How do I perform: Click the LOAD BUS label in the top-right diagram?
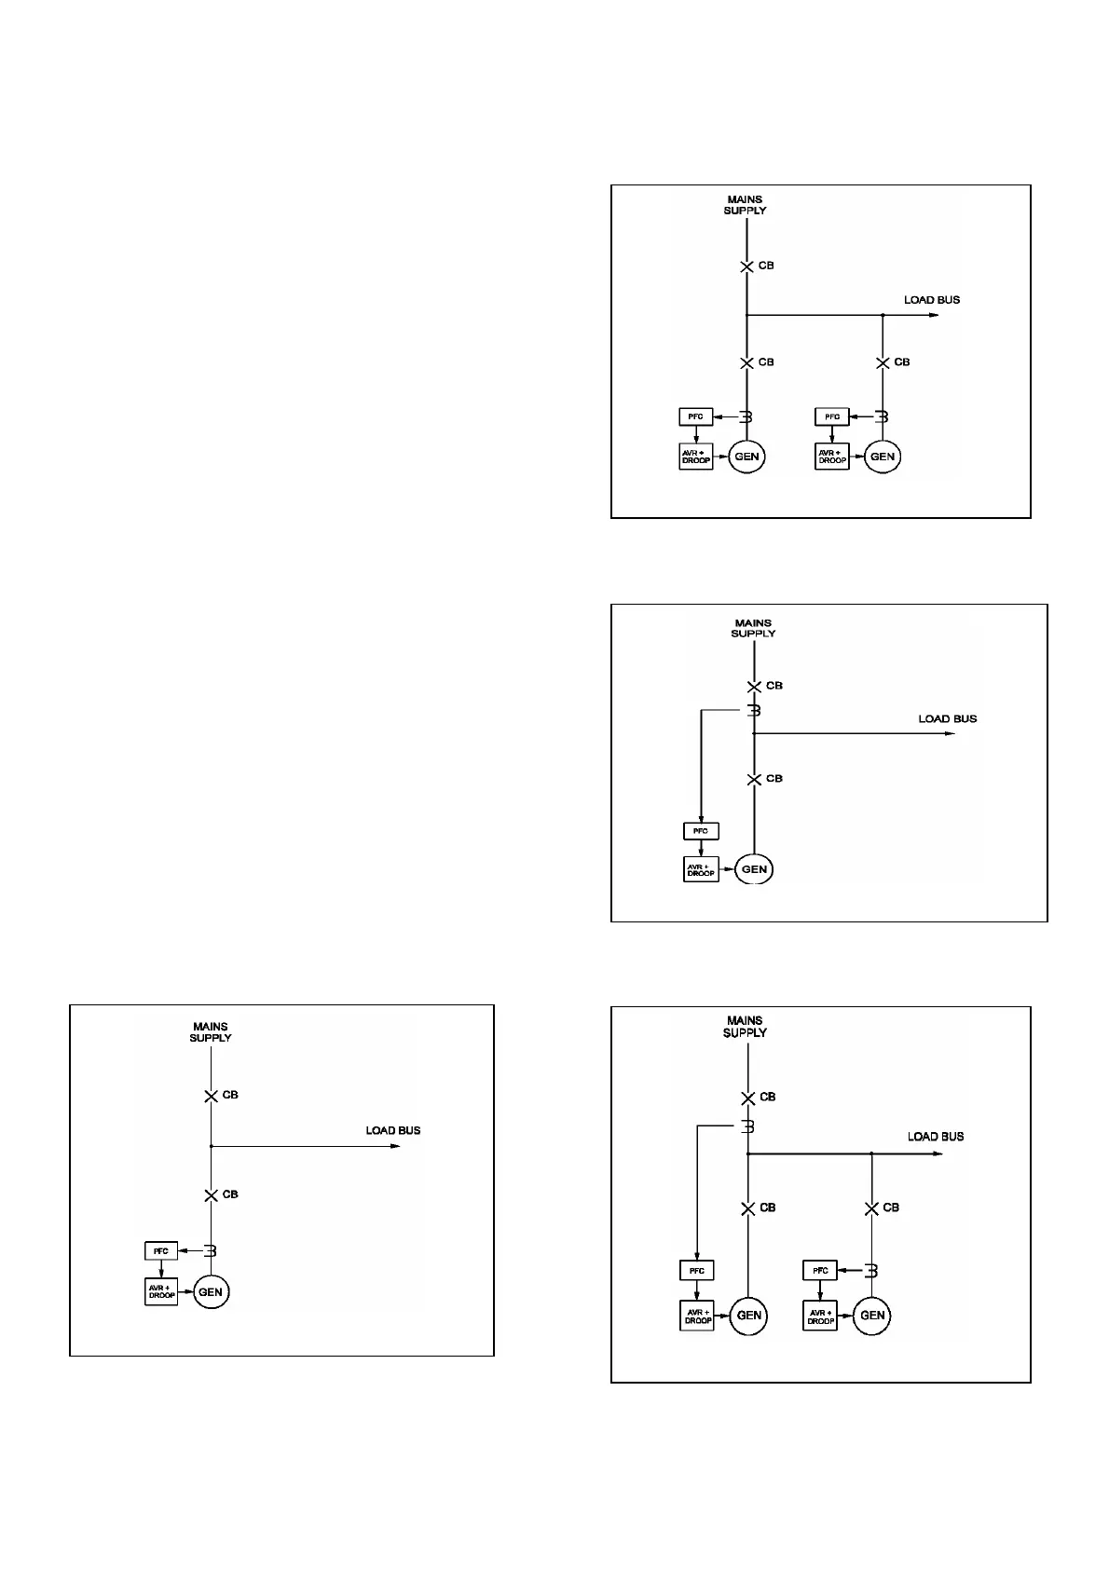point(931,300)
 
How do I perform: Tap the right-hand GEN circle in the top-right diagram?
point(882,457)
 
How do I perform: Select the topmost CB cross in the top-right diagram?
point(746,266)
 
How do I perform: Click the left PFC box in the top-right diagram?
point(696,416)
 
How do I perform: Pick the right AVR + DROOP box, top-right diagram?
point(831,457)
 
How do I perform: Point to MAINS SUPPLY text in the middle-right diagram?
point(753,628)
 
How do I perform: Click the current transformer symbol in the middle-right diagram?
point(755,711)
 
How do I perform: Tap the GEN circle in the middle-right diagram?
point(754,869)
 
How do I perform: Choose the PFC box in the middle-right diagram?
point(701,831)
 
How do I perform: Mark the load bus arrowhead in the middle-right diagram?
point(950,734)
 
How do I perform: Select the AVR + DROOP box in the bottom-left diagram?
point(161,1291)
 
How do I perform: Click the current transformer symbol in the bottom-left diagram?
point(212,1250)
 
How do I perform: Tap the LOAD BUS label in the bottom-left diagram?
point(392,1130)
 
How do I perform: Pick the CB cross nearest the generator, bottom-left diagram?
point(212,1195)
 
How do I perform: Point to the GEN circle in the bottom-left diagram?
point(211,1292)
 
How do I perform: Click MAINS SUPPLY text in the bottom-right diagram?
point(746,1027)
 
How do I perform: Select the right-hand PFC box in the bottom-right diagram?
point(820,1270)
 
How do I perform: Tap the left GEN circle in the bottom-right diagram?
point(748,1316)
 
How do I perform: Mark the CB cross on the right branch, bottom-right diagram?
point(871,1208)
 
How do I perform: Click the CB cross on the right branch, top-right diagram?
point(883,362)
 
